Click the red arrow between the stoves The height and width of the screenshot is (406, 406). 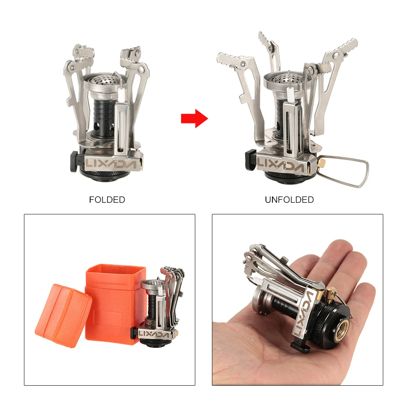coord(194,118)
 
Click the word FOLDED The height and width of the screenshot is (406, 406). coord(107,200)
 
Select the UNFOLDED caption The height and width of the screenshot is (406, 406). coord(289,200)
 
